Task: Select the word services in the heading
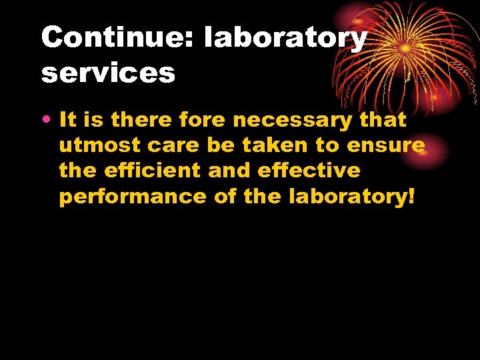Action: tap(108, 73)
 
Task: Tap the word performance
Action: tap(133, 197)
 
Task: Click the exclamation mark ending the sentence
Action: tap(411, 197)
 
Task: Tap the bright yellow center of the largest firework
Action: tap(405, 49)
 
